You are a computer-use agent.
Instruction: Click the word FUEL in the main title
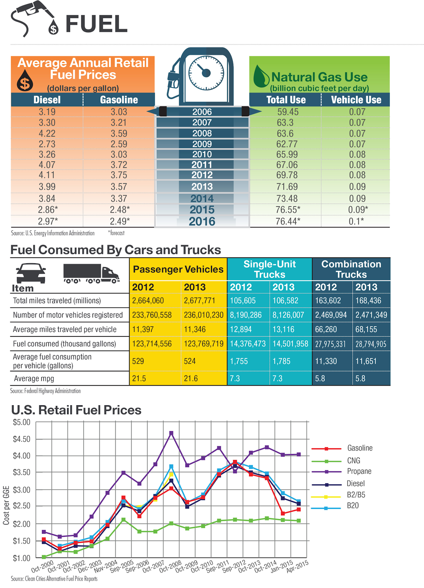point(96,24)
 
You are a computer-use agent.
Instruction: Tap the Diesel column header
point(47,100)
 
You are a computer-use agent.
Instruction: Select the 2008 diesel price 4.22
point(47,134)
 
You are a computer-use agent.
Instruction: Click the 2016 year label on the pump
point(202,222)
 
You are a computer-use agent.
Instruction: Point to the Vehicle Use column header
point(356,100)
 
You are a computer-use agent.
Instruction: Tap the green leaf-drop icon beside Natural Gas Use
point(261,76)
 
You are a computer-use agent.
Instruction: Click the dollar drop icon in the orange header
point(25,81)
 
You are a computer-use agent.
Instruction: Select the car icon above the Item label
point(31,273)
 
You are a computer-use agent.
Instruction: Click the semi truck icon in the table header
point(91,273)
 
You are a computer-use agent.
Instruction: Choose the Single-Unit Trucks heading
point(270,269)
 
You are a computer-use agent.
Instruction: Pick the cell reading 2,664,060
point(148,301)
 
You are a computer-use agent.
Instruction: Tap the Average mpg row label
point(34,379)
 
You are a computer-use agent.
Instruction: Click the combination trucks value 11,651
point(366,361)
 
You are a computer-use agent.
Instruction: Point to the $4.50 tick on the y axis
point(22,439)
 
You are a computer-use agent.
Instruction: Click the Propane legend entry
point(359,471)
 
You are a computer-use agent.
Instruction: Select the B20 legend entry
point(353,506)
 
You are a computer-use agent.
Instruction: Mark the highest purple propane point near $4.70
point(171,433)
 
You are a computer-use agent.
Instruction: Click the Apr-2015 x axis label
point(298,566)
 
